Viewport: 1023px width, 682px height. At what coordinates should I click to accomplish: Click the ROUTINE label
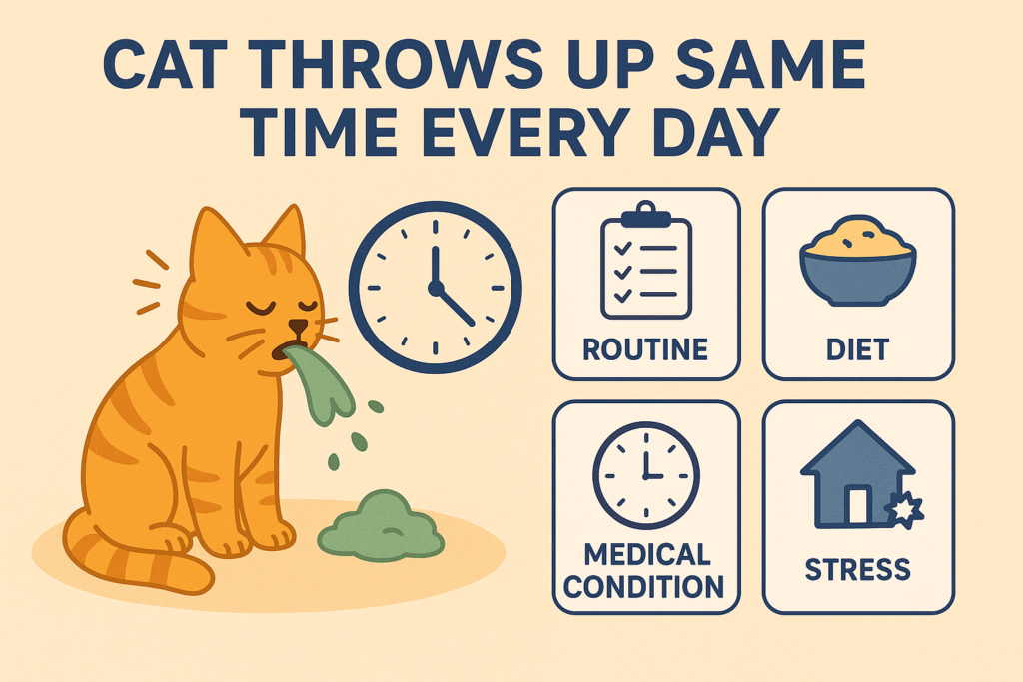click(x=646, y=349)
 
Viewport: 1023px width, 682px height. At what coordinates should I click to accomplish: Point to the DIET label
click(x=858, y=349)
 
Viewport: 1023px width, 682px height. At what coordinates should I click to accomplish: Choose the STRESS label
click(x=858, y=569)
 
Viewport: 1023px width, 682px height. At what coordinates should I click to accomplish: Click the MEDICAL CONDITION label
click(x=646, y=569)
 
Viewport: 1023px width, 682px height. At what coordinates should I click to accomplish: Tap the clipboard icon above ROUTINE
click(x=645, y=262)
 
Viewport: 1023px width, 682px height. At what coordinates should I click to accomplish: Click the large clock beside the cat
click(x=435, y=287)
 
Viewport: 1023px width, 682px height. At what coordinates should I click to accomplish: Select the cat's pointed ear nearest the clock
click(x=287, y=232)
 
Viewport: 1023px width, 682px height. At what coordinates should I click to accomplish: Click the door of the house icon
click(x=857, y=506)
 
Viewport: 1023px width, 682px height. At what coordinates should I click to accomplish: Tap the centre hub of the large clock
click(x=435, y=288)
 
